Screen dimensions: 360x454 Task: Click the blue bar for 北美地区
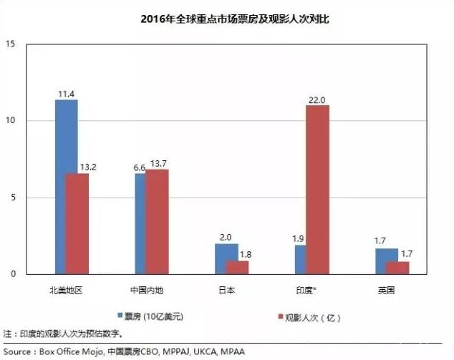click(67, 187)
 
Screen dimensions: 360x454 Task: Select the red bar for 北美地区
click(77, 224)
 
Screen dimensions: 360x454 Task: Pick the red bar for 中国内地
click(157, 222)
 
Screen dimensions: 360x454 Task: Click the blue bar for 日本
click(226, 259)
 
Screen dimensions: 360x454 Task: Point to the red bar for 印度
click(317, 190)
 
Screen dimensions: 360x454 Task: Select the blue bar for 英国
click(387, 261)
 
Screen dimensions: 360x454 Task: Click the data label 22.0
click(317, 99)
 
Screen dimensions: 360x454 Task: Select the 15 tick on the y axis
click(11, 44)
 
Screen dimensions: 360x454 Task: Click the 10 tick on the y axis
click(11, 121)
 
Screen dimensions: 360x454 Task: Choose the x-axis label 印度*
click(307, 290)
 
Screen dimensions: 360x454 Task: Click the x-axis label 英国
click(387, 290)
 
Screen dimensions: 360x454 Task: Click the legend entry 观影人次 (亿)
click(310, 316)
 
